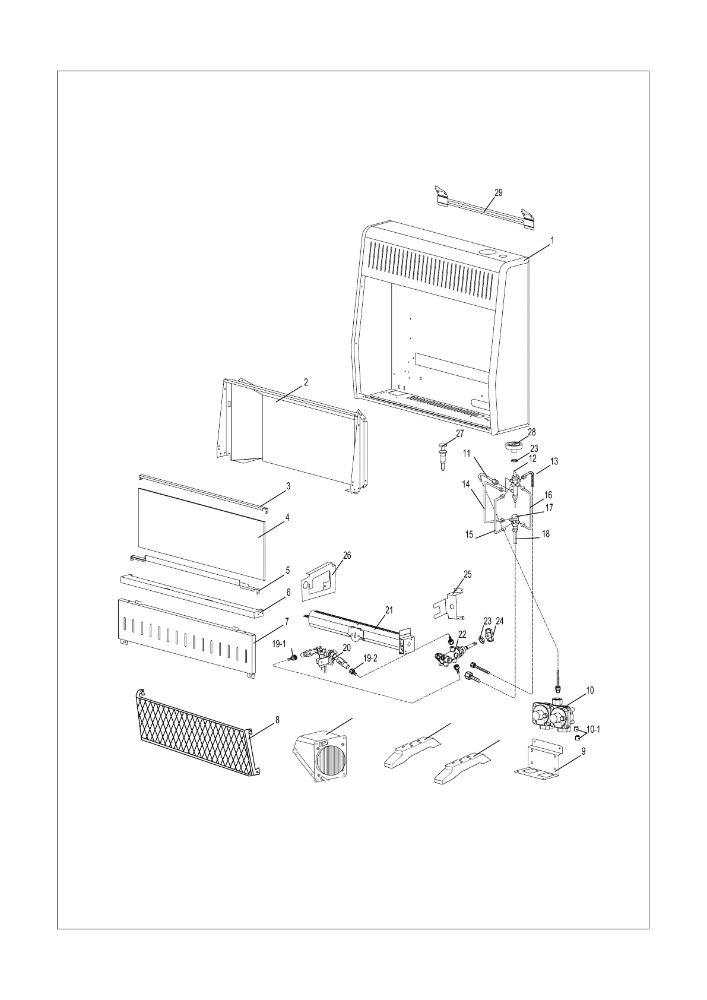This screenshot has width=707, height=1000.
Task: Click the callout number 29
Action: click(499, 192)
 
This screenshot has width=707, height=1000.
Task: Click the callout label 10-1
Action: click(593, 729)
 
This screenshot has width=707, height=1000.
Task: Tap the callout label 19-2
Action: click(370, 658)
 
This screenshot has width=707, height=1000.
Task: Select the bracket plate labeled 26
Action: click(318, 580)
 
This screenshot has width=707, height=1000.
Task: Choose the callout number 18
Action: click(546, 534)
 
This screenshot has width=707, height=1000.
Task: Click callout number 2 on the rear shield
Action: click(306, 382)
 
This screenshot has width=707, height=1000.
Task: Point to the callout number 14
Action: click(466, 484)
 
